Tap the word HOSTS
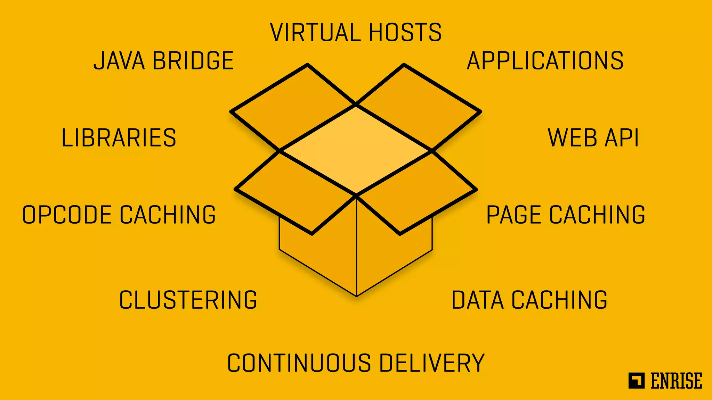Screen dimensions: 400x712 405,32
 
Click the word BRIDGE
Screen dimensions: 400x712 193,61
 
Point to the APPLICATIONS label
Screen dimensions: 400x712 545,61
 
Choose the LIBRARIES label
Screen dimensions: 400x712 119,138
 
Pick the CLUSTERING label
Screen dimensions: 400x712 188,300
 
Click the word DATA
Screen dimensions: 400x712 477,300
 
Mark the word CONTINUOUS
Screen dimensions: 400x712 299,363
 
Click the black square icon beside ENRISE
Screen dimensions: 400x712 636,381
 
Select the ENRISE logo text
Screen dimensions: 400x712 676,381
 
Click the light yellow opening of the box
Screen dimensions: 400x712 356,150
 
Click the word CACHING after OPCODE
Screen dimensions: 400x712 168,215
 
